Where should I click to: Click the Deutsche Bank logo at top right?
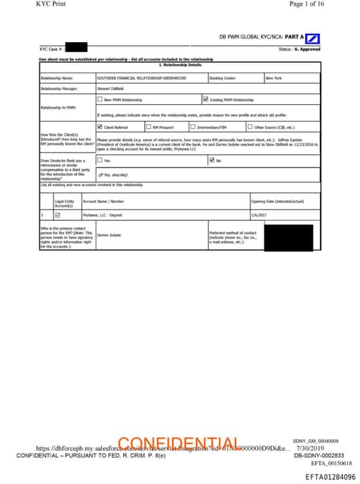[x=314, y=38]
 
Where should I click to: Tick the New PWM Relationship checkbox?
[x=100, y=100]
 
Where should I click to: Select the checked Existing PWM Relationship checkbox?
[x=205, y=100]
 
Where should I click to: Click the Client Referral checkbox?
[x=100, y=127]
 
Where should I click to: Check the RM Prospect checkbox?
[x=148, y=127]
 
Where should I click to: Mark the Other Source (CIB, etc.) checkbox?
[x=250, y=127]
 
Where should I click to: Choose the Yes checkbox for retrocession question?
[x=100, y=160]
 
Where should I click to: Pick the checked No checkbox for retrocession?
[x=212, y=160]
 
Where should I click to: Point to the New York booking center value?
[x=274, y=77]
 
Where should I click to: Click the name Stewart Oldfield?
[x=108, y=89]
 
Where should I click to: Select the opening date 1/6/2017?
[x=259, y=215]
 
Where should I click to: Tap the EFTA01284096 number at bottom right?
[x=330, y=476]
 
